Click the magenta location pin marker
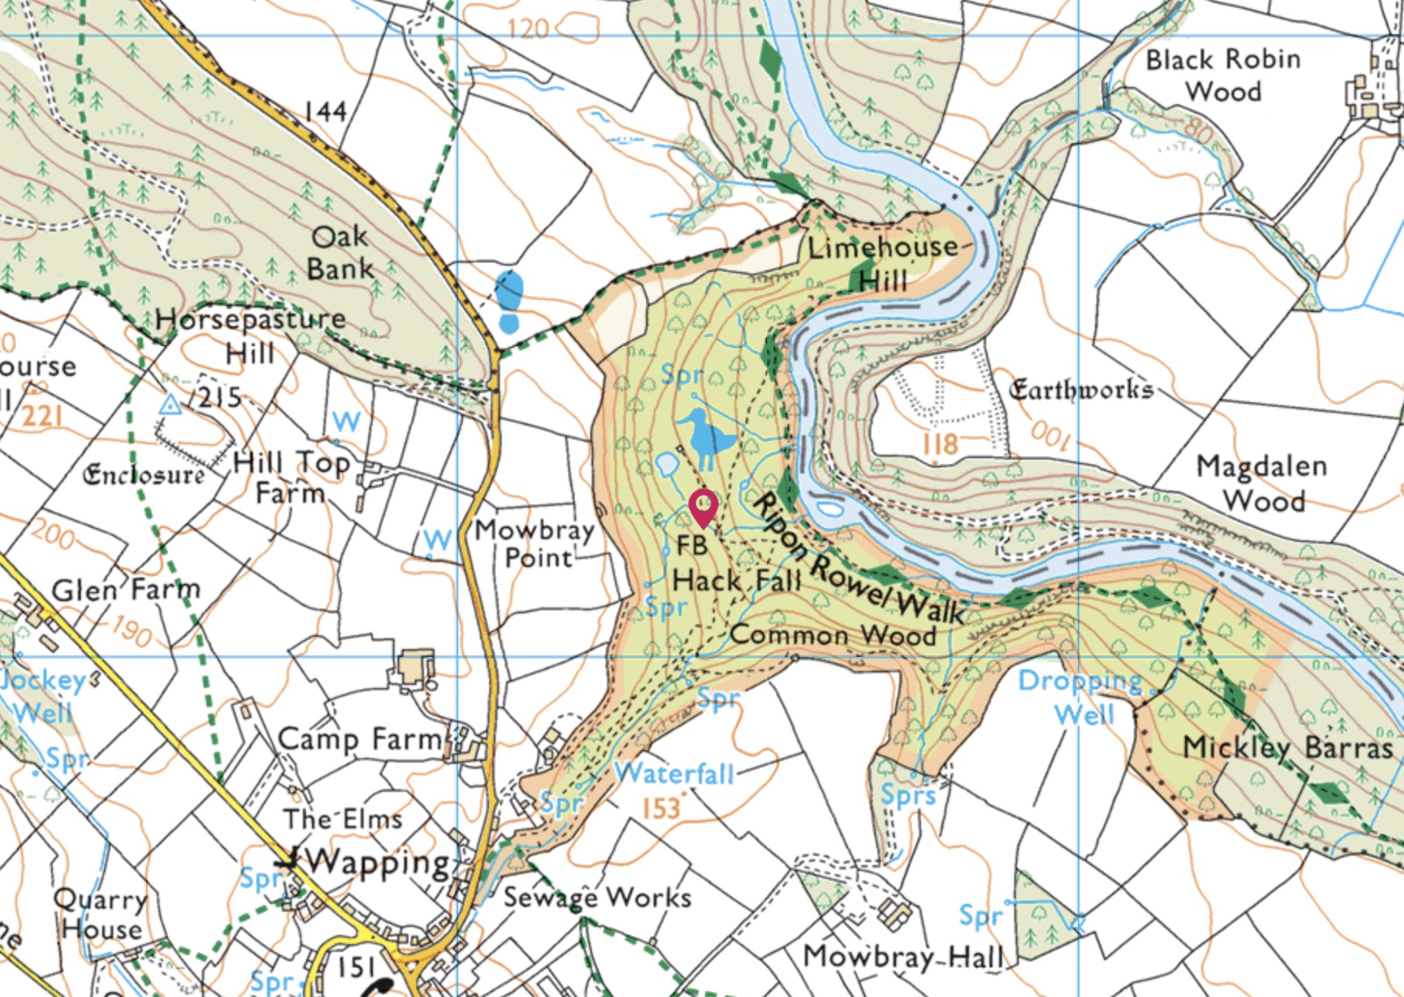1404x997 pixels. (x=703, y=507)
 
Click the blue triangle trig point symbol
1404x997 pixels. (x=170, y=405)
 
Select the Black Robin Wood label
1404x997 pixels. (x=1223, y=75)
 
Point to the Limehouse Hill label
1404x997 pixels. (x=884, y=263)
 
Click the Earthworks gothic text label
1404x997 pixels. (x=1080, y=390)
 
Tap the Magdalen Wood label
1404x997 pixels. (x=1262, y=483)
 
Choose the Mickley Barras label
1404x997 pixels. (x=1287, y=747)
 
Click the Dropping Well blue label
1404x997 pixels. (x=1082, y=697)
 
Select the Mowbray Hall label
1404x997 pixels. (x=903, y=957)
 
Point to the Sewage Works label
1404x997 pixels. (x=597, y=898)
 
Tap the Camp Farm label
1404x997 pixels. (x=359, y=739)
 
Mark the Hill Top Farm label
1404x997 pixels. (x=291, y=478)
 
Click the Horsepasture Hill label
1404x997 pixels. (x=250, y=335)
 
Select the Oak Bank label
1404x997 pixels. (x=339, y=252)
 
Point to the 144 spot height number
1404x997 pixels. (x=325, y=112)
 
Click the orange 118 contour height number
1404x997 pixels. (x=940, y=444)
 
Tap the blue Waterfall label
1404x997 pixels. (x=674, y=773)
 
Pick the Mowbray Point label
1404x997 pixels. (x=535, y=544)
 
